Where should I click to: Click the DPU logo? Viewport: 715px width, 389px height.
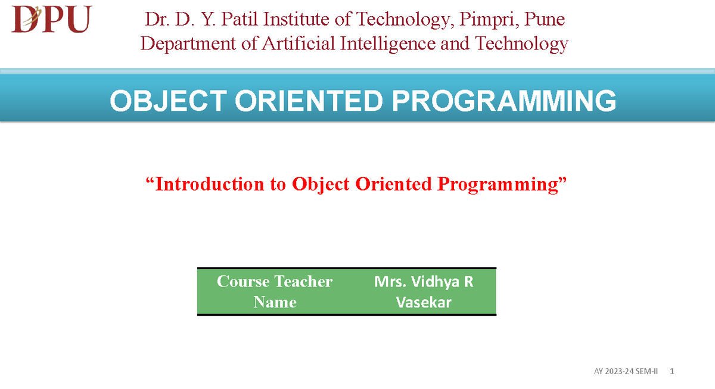pyautogui.click(x=52, y=19)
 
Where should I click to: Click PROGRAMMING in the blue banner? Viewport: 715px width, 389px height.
pyautogui.click(x=504, y=101)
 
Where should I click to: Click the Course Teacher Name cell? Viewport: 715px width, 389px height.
pyautogui.click(x=275, y=291)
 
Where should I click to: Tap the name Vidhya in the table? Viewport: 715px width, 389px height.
pyautogui.click(x=434, y=281)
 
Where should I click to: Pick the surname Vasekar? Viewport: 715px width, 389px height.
pyautogui.click(x=424, y=303)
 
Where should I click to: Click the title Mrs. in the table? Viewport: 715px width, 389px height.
pyautogui.click(x=390, y=281)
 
